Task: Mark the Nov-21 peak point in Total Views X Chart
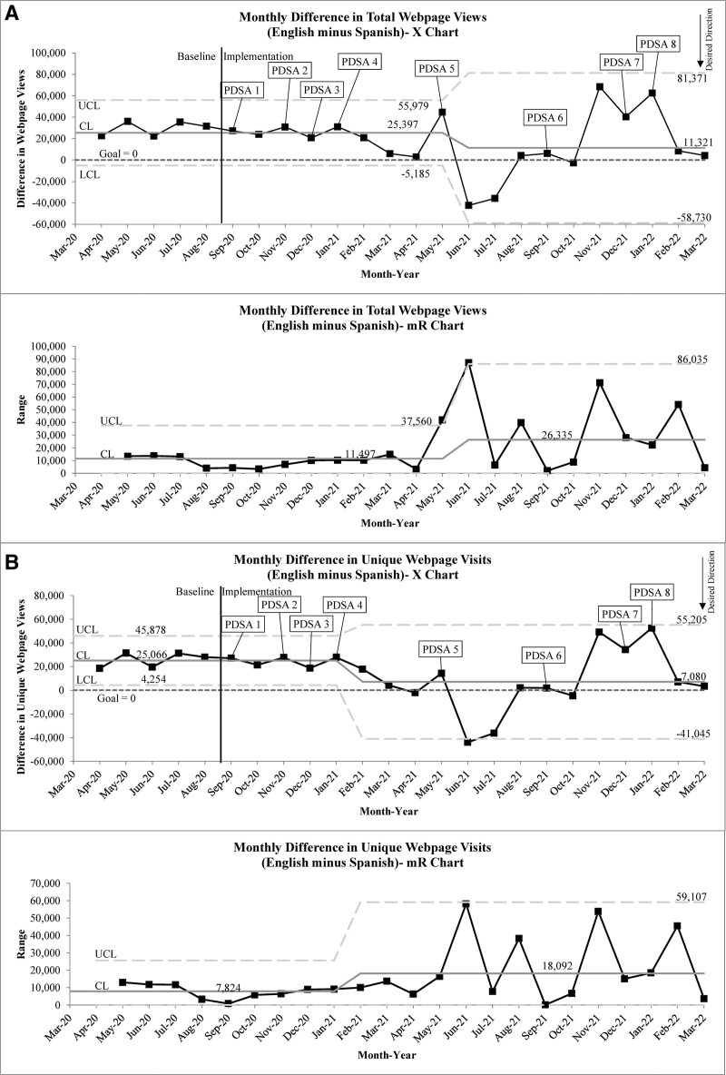point(600,87)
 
